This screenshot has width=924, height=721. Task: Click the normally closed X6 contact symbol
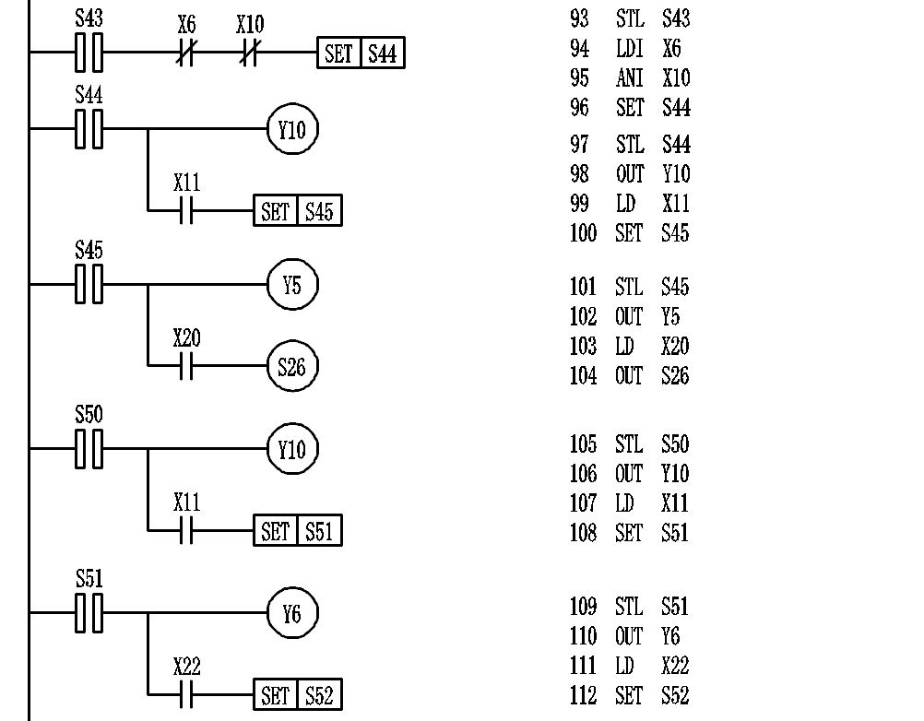186,54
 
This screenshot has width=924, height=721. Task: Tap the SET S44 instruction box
361,53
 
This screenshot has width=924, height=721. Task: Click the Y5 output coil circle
292,285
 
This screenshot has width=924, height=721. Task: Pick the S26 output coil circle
292,367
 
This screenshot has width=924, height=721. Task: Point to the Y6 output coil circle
292,613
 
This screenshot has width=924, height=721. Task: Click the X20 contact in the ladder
186,367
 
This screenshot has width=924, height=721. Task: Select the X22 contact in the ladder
186,694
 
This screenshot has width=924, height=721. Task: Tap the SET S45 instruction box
298,211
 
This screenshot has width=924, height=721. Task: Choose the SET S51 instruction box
298,531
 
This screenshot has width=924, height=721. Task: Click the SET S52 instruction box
298,695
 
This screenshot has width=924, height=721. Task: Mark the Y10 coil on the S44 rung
292,130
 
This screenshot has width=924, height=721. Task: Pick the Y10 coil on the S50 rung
292,449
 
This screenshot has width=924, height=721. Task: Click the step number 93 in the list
579,18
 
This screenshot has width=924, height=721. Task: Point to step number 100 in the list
583,233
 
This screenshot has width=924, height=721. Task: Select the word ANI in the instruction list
629,78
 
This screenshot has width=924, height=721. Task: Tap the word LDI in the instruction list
629,48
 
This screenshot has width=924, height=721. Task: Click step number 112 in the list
583,695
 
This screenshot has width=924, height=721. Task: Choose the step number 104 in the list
583,376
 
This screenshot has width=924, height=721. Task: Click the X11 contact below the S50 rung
186,531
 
